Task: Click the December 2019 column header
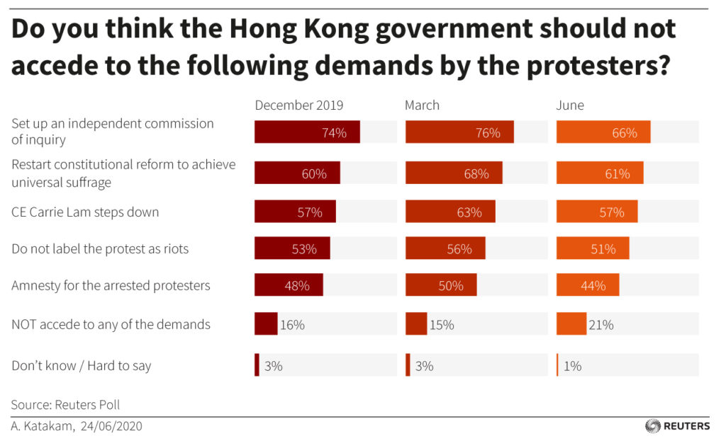[x=298, y=105]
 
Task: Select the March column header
[x=422, y=105]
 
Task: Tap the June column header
[x=570, y=105]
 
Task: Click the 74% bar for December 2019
[x=307, y=132]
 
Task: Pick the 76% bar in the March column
[x=459, y=132]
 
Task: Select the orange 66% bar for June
[x=603, y=132]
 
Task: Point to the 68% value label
[x=476, y=173]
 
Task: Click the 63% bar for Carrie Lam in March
[x=450, y=212]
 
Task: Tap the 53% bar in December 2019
[x=292, y=249]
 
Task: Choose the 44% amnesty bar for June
[x=588, y=286]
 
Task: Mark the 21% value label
[x=600, y=325]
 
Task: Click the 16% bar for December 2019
[x=266, y=323]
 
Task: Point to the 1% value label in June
[x=572, y=366]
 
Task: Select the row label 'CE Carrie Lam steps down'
[x=85, y=212]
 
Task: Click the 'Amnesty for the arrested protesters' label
[x=111, y=286]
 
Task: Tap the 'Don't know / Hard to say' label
[x=82, y=366]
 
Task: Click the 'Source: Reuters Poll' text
[x=65, y=405]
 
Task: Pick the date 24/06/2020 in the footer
[x=113, y=426]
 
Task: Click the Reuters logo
[x=677, y=426]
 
